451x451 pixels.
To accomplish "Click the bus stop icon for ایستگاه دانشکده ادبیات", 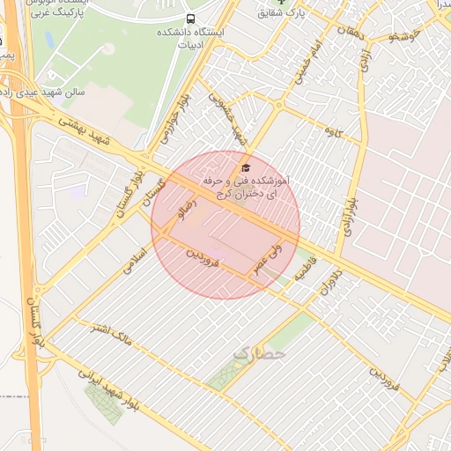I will [191, 19].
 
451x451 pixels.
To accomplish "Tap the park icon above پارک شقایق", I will [283, 2].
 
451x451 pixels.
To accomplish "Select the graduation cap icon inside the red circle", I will [246, 167].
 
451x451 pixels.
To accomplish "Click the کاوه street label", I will [334, 131].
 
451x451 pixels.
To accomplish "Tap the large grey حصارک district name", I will [261, 354].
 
